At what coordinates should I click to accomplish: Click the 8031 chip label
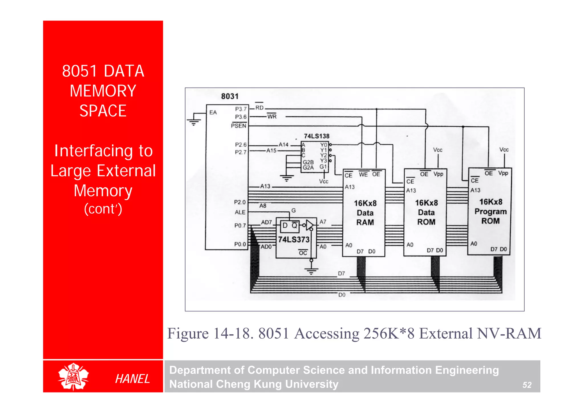(230, 96)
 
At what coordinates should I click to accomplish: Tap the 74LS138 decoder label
(317, 136)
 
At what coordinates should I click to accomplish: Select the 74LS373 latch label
(294, 239)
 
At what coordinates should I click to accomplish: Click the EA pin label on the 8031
(213, 112)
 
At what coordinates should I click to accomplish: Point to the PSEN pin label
(238, 126)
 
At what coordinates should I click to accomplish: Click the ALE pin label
(240, 212)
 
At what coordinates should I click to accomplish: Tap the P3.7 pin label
(241, 109)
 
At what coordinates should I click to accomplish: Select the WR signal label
(272, 116)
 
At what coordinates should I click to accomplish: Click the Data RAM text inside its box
(365, 217)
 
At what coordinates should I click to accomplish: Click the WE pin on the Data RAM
(363, 175)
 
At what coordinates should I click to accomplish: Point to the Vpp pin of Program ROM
(503, 173)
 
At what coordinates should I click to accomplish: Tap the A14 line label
(283, 145)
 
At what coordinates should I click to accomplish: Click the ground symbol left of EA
(194, 122)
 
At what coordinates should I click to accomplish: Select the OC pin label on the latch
(303, 253)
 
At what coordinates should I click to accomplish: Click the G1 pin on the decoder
(323, 167)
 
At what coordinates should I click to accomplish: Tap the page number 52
(527, 385)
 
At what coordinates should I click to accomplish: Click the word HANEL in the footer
(132, 379)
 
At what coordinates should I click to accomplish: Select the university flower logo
(74, 376)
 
